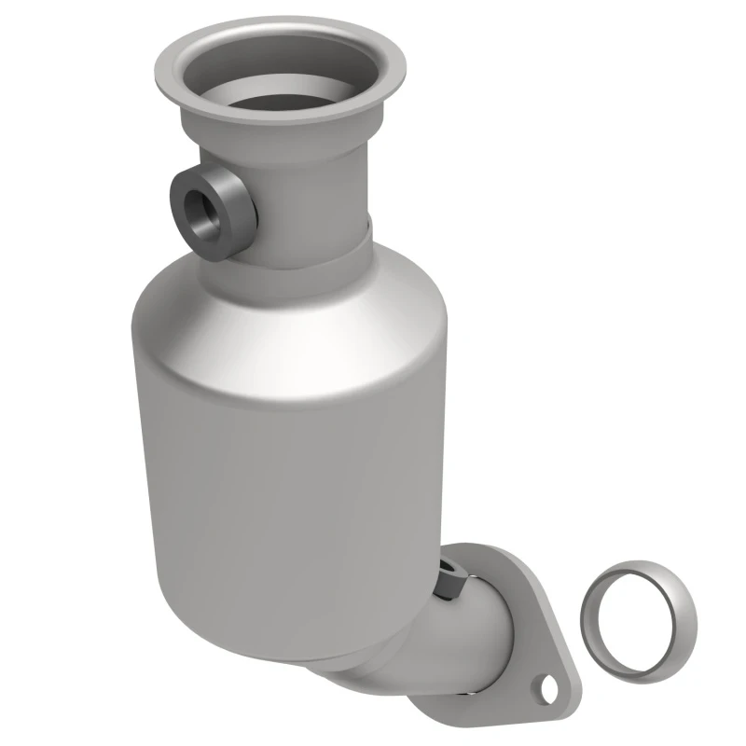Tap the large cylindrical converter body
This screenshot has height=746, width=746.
pyautogui.click(x=280, y=448)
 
